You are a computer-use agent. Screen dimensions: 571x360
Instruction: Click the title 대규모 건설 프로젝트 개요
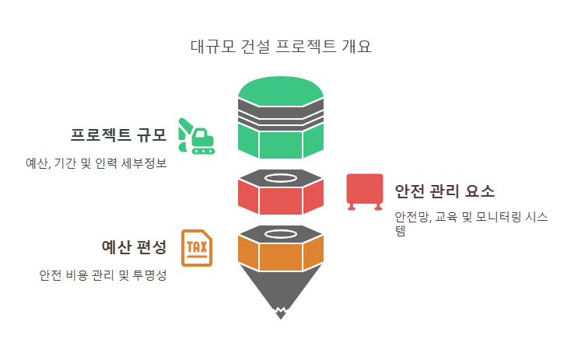[281, 46]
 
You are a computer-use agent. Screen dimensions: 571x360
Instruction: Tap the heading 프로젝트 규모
[118, 135]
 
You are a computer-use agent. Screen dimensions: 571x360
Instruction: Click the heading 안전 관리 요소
[444, 191]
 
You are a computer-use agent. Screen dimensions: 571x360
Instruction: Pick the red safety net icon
[364, 191]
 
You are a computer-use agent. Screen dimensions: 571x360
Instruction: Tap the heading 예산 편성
[134, 248]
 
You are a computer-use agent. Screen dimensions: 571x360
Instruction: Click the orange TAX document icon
[196, 248]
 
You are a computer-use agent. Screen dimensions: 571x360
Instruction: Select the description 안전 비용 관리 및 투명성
[103, 275]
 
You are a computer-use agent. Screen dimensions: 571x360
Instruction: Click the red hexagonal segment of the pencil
[281, 200]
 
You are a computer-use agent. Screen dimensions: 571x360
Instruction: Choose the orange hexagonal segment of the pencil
[281, 254]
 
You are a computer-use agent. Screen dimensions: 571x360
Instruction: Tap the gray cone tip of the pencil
[281, 292]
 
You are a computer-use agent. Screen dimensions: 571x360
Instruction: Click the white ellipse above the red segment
[281, 178]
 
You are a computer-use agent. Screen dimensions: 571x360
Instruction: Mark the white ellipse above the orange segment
[281, 233]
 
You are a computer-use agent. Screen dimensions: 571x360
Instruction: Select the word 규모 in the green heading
[152, 135]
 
